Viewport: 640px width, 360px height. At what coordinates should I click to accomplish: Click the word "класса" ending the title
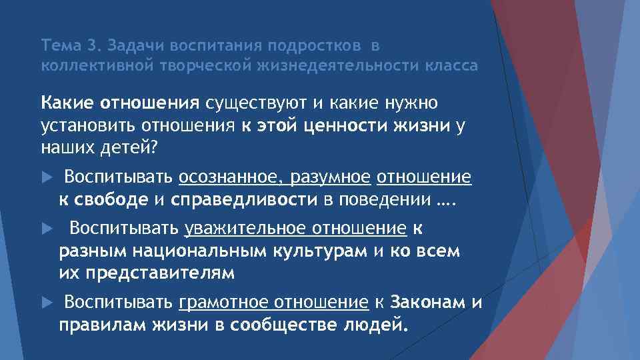[x=452, y=66]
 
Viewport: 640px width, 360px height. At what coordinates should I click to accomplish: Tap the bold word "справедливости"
[x=246, y=199]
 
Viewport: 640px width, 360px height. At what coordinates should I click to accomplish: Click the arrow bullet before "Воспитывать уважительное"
[x=46, y=229]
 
